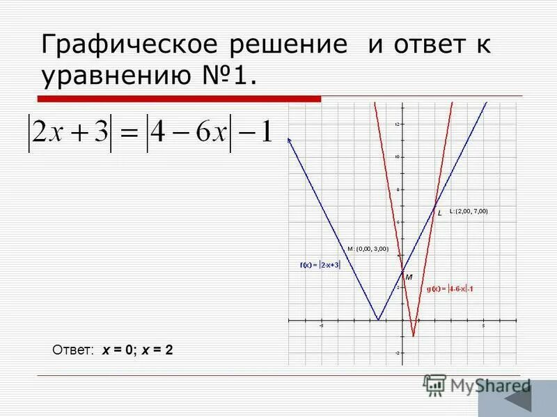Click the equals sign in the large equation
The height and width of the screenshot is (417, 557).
[131, 132]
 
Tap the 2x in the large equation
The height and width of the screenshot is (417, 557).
[51, 132]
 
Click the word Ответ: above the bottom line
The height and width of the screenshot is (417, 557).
[73, 351]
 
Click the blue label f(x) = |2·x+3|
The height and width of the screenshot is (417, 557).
[320, 265]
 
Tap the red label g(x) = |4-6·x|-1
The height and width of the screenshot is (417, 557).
[450, 288]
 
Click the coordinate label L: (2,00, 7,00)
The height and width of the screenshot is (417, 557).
[469, 211]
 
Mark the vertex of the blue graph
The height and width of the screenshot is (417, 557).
[378, 320]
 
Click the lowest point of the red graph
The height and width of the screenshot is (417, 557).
[413, 336]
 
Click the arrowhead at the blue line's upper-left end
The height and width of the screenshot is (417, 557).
[289, 140]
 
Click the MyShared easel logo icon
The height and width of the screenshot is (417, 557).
[434, 384]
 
